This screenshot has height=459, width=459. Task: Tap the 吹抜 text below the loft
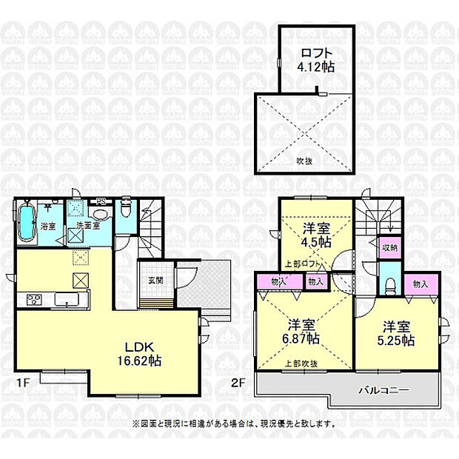pyautogui.click(x=304, y=160)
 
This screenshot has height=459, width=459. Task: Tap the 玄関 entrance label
pyautogui.click(x=155, y=280)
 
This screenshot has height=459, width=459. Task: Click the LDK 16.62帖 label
pyautogui.click(x=144, y=353)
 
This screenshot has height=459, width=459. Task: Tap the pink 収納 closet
pyautogui.click(x=389, y=247)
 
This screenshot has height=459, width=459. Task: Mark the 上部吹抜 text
pyautogui.click(x=301, y=363)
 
